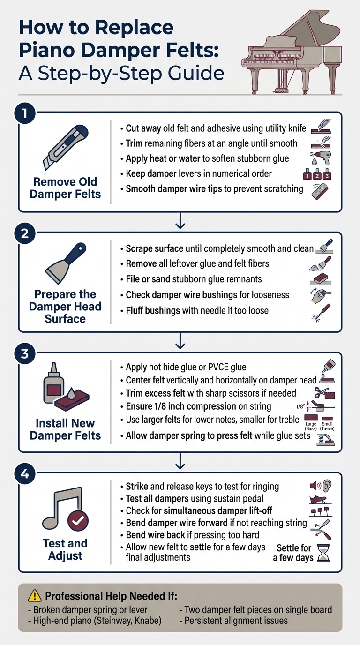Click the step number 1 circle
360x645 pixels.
(x=25, y=113)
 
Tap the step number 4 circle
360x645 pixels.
(x=25, y=473)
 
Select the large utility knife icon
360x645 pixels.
(x=66, y=147)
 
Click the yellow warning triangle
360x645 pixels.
(x=35, y=596)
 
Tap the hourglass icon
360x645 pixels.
(x=323, y=553)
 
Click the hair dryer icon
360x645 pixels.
(x=322, y=158)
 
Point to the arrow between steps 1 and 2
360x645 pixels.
(x=180, y=221)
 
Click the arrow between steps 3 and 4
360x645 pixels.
(x=180, y=461)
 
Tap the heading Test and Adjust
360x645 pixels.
(x=65, y=549)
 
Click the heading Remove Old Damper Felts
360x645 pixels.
(x=65, y=188)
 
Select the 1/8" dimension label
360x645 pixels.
(x=300, y=406)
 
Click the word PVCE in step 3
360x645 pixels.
(x=221, y=367)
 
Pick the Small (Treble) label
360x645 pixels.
(x=327, y=426)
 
